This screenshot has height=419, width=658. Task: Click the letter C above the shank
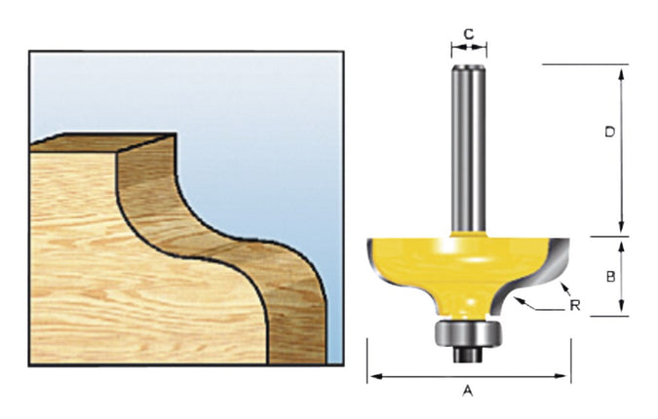(468, 33)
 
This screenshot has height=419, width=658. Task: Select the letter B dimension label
(609, 276)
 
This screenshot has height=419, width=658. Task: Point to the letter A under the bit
(467, 391)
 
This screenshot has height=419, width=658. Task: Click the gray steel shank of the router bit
(468, 146)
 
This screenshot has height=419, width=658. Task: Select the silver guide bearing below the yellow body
(468, 331)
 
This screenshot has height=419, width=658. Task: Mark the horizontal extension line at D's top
(585, 64)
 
